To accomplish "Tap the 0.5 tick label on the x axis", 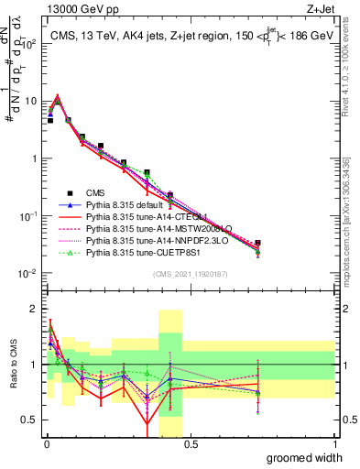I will (x=190, y=444).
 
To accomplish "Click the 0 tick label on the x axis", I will (x=45, y=444).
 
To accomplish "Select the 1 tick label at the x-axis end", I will (x=334, y=444).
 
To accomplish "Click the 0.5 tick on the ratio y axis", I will (x=29, y=422).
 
